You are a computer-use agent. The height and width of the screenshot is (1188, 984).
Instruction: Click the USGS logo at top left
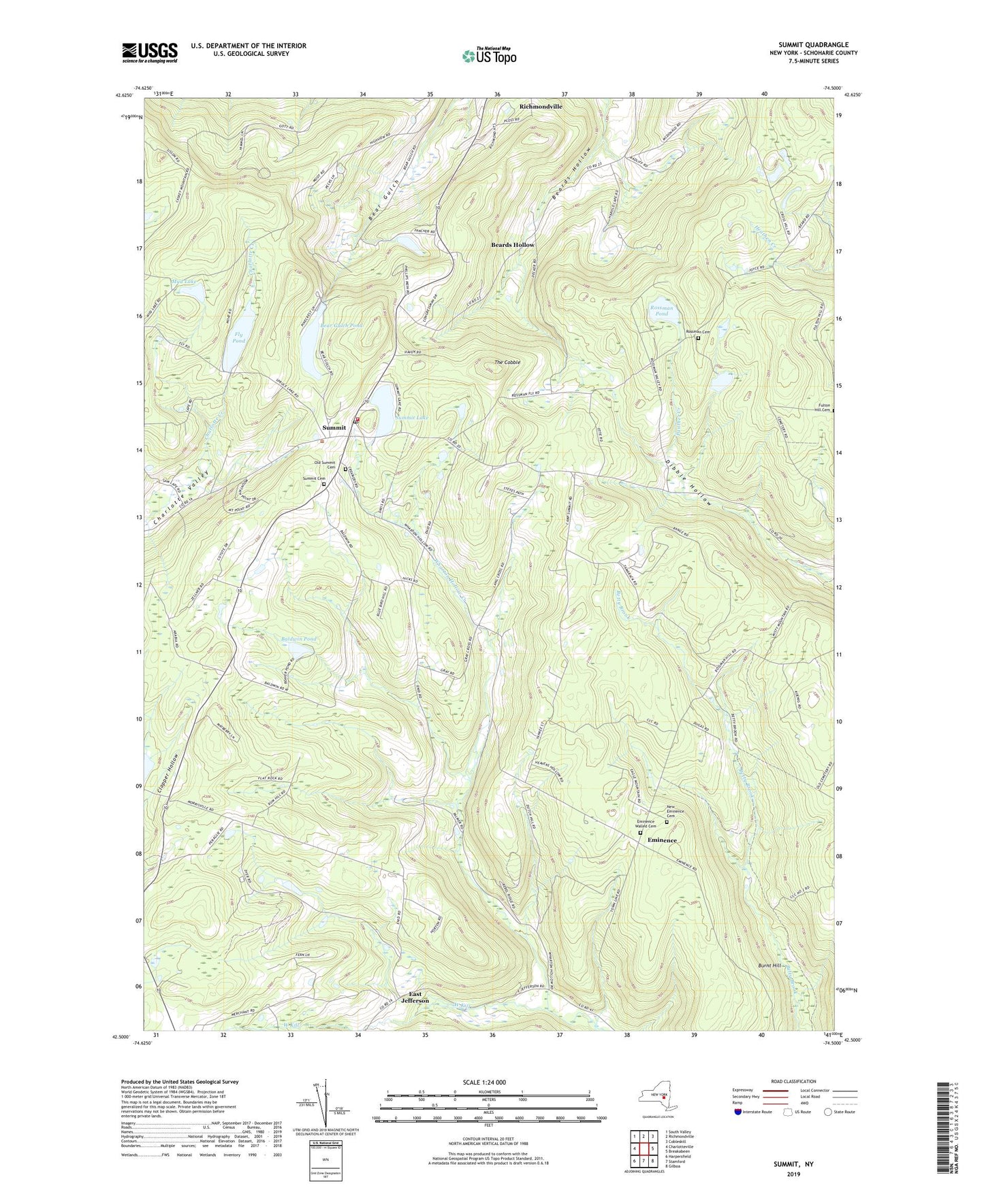(x=150, y=52)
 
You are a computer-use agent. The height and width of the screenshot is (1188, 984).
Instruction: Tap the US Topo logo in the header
(x=488, y=56)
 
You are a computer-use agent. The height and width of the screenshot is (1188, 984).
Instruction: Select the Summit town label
(x=334, y=427)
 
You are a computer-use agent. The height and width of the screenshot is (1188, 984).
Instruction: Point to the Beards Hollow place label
(x=513, y=244)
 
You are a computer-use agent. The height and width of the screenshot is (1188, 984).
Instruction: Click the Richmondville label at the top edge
(x=541, y=107)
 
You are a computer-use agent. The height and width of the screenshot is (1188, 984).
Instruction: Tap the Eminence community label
(x=662, y=840)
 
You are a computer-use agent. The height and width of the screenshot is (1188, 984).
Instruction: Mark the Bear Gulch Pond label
(x=332, y=326)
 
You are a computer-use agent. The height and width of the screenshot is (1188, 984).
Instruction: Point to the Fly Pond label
(x=238, y=337)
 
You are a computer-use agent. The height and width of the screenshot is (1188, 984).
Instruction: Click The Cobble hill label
(x=507, y=363)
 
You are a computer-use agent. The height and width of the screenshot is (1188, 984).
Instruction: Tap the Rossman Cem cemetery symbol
(x=698, y=337)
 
